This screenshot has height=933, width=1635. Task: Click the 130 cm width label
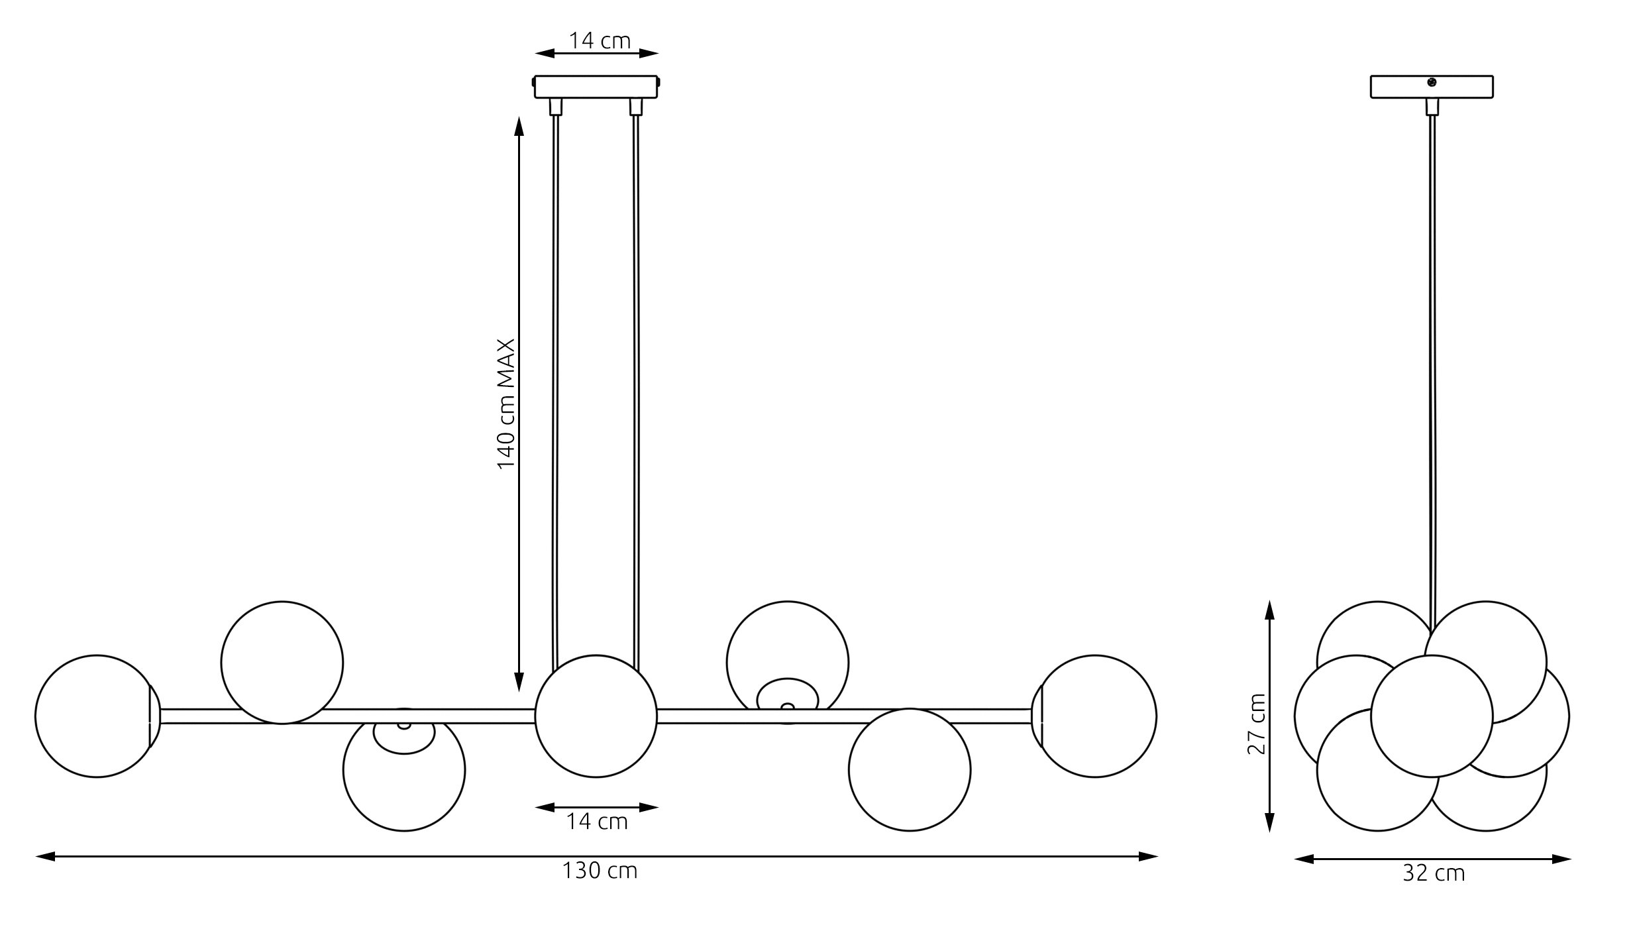(x=600, y=871)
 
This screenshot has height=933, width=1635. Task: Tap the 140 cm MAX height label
(x=506, y=404)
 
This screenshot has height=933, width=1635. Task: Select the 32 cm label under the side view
(x=1434, y=873)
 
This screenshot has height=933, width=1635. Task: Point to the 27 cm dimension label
(x=1257, y=724)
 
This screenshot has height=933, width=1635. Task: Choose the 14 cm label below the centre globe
(x=596, y=822)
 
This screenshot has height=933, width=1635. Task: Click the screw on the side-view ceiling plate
(x=1431, y=82)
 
